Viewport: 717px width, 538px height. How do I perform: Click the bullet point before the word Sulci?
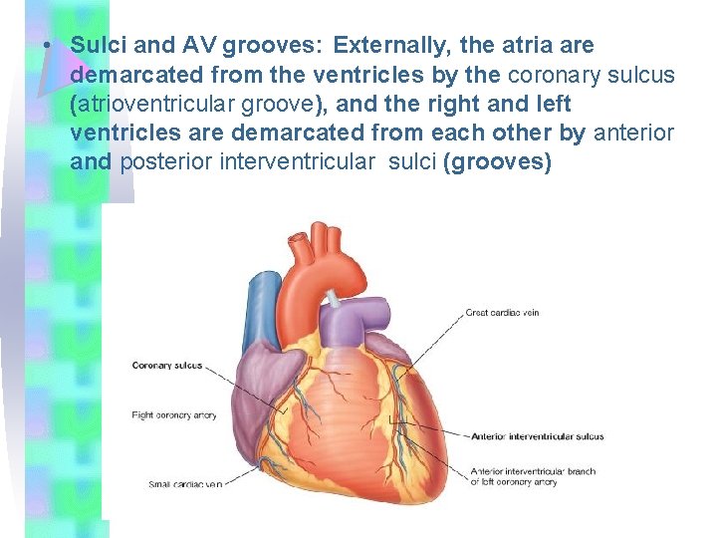(48, 47)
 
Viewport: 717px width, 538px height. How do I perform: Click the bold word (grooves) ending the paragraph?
(500, 161)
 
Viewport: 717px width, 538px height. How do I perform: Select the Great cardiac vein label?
(502, 313)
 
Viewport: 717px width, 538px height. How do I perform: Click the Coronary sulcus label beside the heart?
(166, 366)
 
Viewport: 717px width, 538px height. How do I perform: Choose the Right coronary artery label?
(173, 414)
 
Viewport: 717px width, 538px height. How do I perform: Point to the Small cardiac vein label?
(184, 484)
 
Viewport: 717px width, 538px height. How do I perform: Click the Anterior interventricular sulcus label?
(537, 436)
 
